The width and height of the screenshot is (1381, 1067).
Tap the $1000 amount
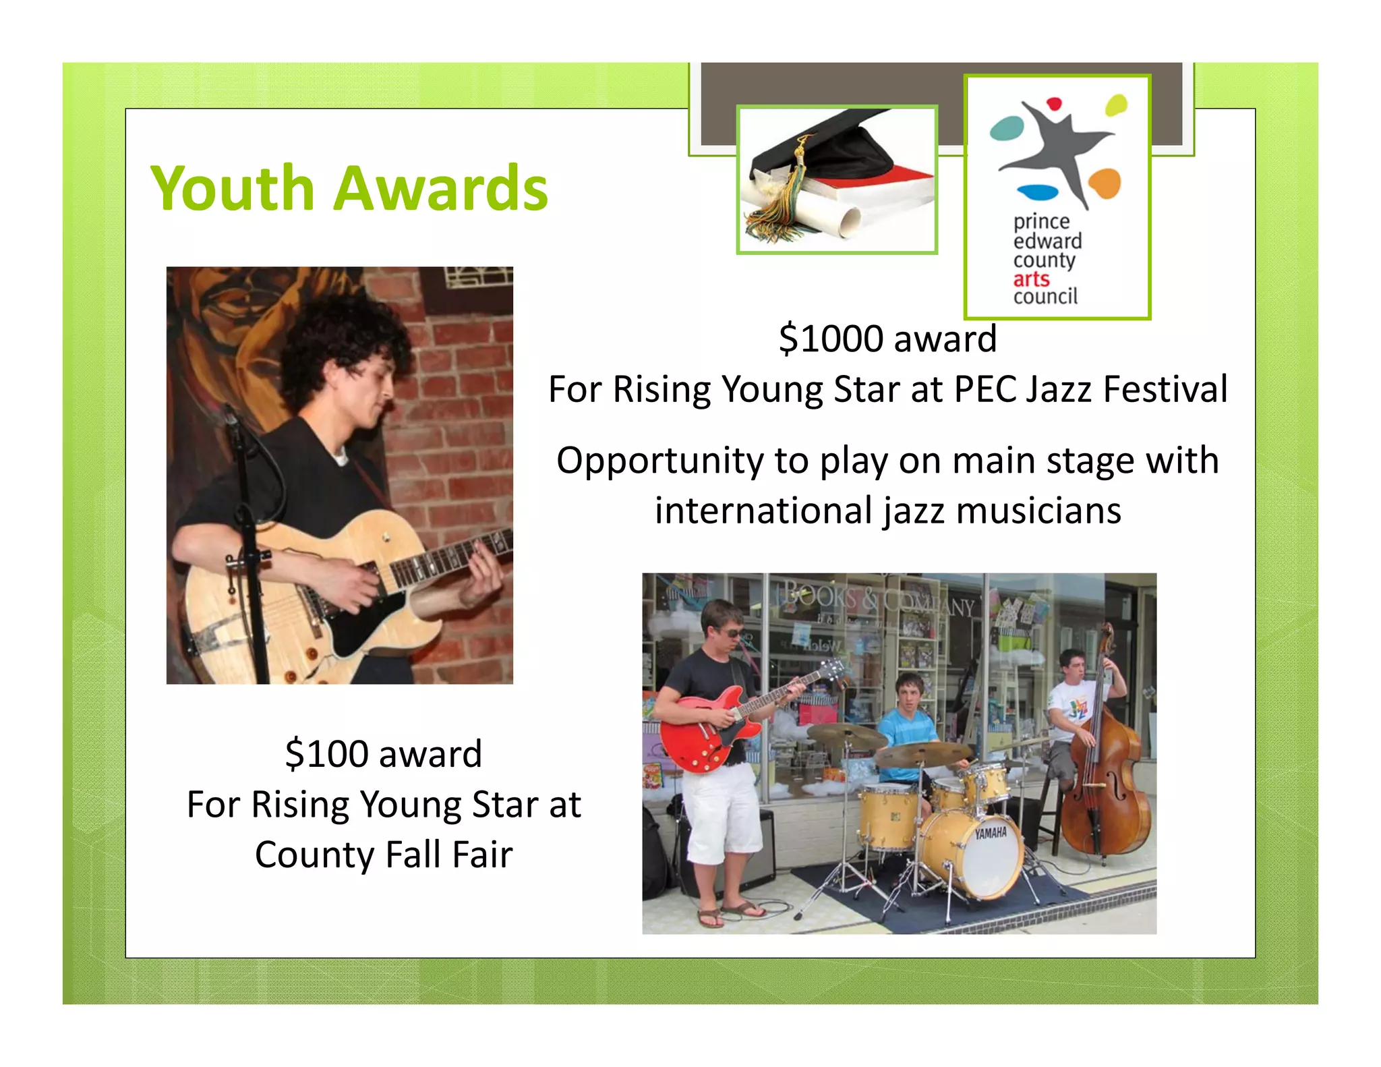click(x=831, y=339)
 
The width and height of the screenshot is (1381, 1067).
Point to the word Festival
click(x=1165, y=389)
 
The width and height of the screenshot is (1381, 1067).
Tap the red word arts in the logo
click(x=1031, y=279)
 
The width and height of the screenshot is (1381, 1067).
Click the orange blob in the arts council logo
click(x=1105, y=182)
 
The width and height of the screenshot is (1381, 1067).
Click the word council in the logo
click(x=1045, y=297)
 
